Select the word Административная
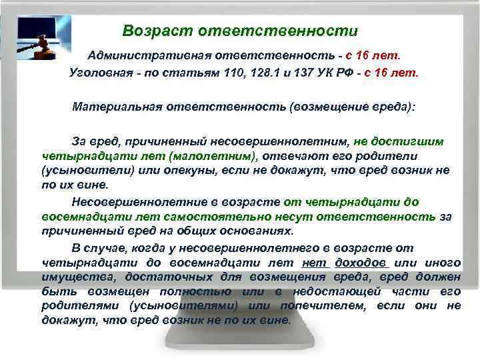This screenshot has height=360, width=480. (146, 53)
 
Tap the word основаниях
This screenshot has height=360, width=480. (258, 231)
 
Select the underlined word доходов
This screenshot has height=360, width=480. (360, 262)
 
